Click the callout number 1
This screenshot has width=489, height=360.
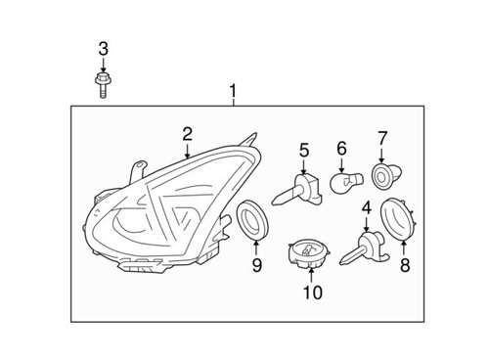(234, 93)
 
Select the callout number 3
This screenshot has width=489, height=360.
(103, 49)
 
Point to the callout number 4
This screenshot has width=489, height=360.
(366, 207)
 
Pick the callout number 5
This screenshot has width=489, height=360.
(304, 150)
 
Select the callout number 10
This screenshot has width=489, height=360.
(311, 292)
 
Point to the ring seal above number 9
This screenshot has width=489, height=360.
(254, 220)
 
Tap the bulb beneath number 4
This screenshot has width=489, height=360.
(362, 247)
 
